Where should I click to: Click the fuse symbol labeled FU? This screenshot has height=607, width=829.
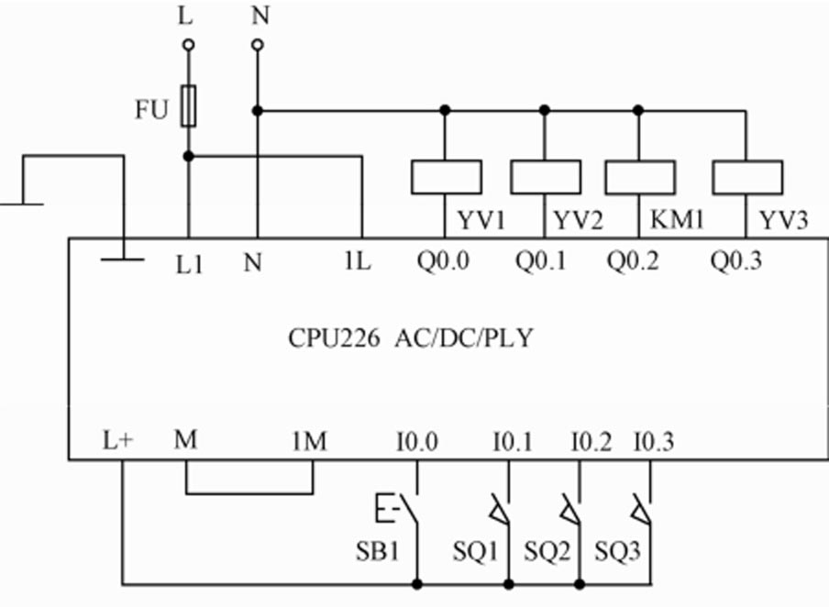click(x=189, y=105)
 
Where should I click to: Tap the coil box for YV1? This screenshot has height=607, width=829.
click(x=447, y=176)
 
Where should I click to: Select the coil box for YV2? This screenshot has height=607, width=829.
click(x=545, y=176)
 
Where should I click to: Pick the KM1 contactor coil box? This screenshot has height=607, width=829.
click(x=639, y=176)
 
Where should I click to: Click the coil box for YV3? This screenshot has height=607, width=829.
click(x=747, y=176)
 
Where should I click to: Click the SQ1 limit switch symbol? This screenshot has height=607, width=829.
click(x=501, y=511)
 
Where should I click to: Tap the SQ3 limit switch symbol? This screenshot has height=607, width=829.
click(x=643, y=511)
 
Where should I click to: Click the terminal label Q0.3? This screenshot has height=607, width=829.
click(x=735, y=262)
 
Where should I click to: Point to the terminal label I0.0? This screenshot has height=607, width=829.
click(x=417, y=443)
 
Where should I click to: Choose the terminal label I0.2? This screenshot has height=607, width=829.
click(x=591, y=443)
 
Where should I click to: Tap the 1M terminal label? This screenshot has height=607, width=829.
click(x=309, y=443)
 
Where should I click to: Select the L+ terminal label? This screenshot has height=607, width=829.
click(x=117, y=443)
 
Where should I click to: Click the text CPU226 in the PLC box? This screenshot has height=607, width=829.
click(x=334, y=338)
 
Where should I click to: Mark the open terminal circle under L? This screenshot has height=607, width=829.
click(x=189, y=44)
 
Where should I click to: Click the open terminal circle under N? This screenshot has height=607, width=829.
click(x=257, y=44)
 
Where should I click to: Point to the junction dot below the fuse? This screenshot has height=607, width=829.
click(x=189, y=156)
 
